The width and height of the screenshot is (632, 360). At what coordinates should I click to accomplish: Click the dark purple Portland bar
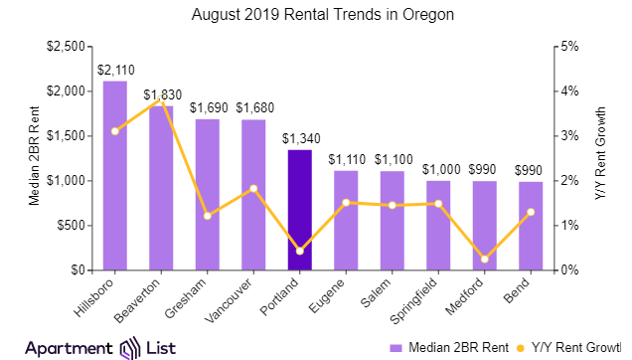coord(299,210)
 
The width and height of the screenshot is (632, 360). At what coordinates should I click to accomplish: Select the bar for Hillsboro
coord(115,175)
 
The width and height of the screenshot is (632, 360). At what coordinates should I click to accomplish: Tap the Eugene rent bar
coord(346,220)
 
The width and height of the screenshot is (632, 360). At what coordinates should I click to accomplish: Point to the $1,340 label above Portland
coord(299,138)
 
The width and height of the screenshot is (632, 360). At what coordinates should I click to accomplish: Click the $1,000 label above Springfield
coord(438,169)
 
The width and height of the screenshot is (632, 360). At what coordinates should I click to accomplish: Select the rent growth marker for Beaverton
coord(161,100)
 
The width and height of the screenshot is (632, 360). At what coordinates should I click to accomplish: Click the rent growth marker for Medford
coord(484,260)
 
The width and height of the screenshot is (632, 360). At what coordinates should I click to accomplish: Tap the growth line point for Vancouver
coord(253,188)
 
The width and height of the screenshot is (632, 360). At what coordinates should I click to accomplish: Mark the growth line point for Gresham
coord(207,216)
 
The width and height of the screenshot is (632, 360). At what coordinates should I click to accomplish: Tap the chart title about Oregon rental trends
coord(316,15)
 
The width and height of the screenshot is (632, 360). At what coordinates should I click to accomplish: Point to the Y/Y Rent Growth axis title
coord(599,156)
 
